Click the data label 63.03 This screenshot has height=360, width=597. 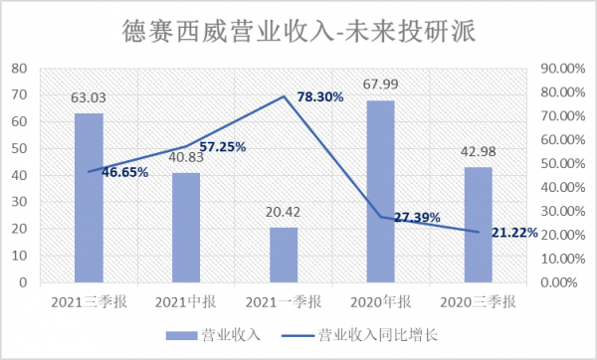click(x=89, y=97)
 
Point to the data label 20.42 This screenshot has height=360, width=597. click(x=284, y=212)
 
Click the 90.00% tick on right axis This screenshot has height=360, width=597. click(x=559, y=69)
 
